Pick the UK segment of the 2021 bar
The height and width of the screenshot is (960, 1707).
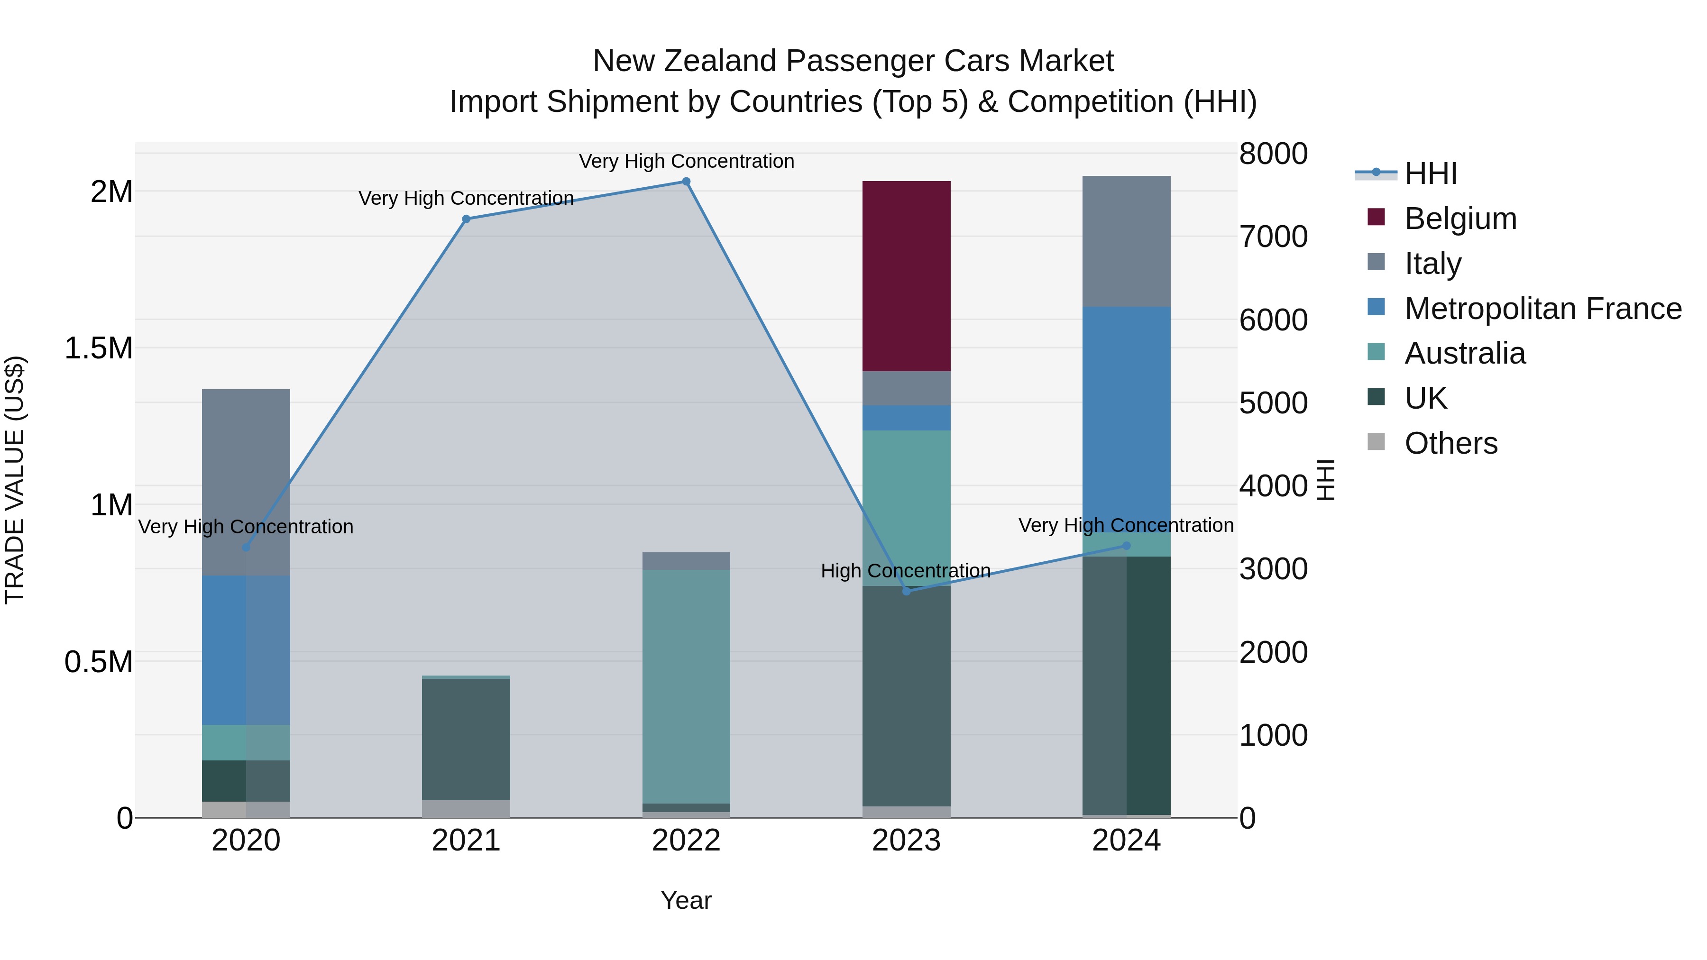(x=466, y=740)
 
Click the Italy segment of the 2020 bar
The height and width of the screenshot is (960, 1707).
(x=246, y=482)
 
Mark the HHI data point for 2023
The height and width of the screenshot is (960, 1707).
(x=907, y=591)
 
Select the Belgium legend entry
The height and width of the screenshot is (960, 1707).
(x=1460, y=219)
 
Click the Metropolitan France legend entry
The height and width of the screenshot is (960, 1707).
(x=1542, y=309)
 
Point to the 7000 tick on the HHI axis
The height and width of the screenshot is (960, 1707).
(x=1273, y=237)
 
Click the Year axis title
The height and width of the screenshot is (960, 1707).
(x=686, y=900)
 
